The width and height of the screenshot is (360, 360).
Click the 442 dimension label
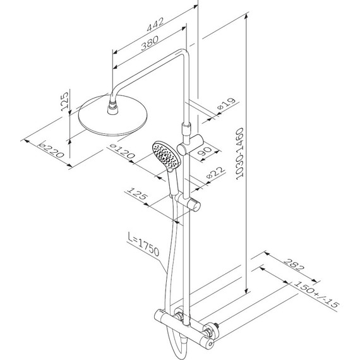pyautogui.click(x=155, y=25)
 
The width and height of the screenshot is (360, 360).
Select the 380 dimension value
pyautogui.click(x=150, y=43)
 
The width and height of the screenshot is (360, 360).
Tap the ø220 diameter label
pyautogui.click(x=51, y=149)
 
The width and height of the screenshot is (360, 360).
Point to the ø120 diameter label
pyautogui.click(x=122, y=151)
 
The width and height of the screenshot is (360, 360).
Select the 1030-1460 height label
pyautogui.click(x=239, y=153)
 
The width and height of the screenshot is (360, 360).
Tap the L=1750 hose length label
pyautogui.click(x=143, y=244)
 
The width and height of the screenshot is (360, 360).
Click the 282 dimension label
pyautogui.click(x=294, y=265)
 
